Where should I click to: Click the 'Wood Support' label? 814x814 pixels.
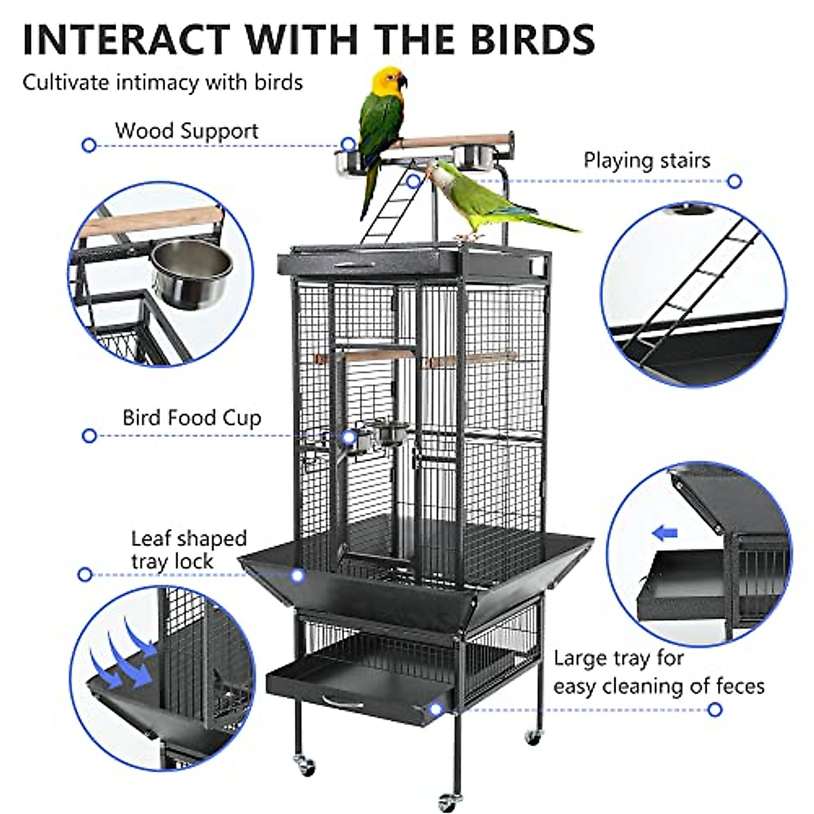click(x=187, y=131)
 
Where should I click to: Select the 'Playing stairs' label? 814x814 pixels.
click(x=646, y=161)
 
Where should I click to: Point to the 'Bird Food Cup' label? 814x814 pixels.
click(x=192, y=418)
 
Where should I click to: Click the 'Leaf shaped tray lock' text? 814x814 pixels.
click(x=189, y=550)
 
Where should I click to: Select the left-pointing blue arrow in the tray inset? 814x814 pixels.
click(x=665, y=534)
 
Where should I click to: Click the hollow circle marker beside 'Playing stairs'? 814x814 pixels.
click(x=735, y=182)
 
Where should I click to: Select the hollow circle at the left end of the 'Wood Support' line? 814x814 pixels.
click(x=89, y=145)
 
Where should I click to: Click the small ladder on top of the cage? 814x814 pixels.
click(x=391, y=203)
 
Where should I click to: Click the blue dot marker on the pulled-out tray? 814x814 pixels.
click(x=435, y=710)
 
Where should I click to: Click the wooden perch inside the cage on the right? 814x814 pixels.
click(x=471, y=359)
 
